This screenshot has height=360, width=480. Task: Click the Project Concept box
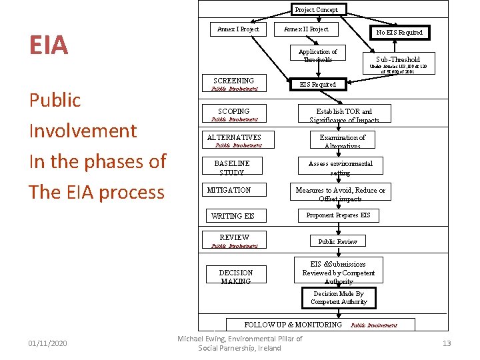point(316,9)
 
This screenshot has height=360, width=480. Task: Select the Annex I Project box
point(238,29)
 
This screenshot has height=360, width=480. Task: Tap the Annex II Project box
point(306,29)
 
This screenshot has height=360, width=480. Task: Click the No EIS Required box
point(399,32)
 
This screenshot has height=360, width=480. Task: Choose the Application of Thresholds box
point(317,55)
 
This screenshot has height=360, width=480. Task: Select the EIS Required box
point(317,85)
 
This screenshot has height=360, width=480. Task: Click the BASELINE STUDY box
point(233,167)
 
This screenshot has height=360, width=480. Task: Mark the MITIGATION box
point(233,190)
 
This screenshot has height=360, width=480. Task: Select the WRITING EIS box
point(233,216)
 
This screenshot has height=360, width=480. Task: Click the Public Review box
point(337,241)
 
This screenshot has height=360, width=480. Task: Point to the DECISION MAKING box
point(236,276)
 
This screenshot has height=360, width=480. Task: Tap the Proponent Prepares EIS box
point(338,215)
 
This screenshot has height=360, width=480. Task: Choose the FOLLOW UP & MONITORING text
point(293,325)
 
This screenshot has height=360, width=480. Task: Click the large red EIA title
point(48,45)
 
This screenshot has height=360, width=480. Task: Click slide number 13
point(447,343)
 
